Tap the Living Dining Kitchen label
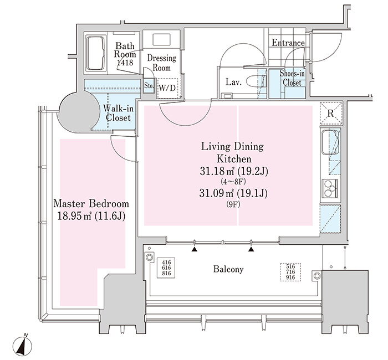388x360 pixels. coord(232,153)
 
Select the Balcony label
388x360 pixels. coord(228,270)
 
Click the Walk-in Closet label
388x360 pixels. coord(117,113)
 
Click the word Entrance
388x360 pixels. coord(288,43)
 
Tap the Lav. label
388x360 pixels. coord(232,82)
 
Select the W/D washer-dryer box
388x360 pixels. coord(168,88)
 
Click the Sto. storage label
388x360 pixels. coord(148,86)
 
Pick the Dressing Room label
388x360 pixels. coord(161,63)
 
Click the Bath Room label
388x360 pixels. coord(125,54)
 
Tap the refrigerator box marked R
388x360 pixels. coord(330,113)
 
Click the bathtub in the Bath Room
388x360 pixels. coord(97,53)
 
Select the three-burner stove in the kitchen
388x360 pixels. coord(331,188)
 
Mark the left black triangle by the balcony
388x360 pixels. coord(195,250)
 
